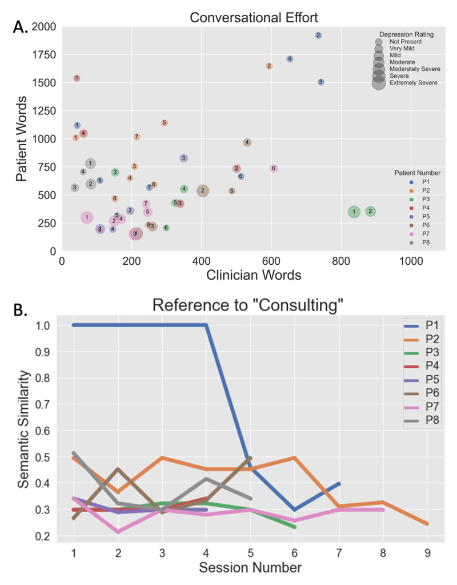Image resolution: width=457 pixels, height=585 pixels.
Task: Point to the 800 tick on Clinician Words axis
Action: click(340, 259)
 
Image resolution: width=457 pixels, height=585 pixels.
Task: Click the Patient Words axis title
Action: click(23, 138)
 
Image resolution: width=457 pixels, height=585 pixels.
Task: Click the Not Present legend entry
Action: click(405, 42)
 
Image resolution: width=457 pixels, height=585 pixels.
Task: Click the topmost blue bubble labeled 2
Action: click(318, 35)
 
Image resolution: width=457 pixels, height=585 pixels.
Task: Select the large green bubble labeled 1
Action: click(354, 212)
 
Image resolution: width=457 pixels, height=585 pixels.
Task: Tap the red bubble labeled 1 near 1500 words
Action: click(77, 78)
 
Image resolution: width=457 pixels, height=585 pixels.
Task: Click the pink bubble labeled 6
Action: click(274, 168)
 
